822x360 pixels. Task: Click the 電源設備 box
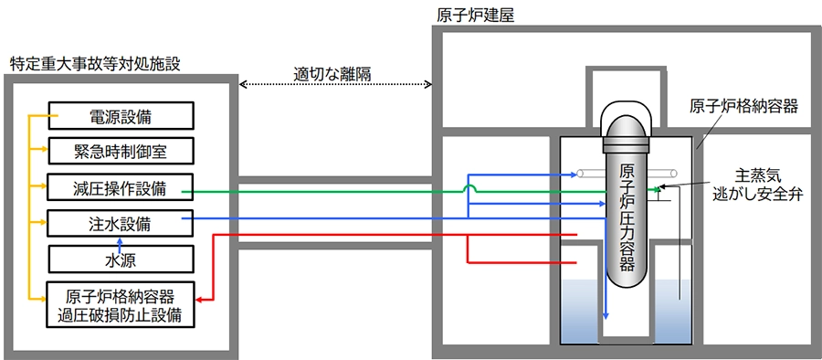121,116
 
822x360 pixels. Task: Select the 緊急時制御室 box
121,152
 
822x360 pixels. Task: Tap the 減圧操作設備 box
121,187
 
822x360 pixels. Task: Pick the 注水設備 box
121,224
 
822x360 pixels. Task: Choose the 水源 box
121,259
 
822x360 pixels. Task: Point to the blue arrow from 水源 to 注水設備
120,241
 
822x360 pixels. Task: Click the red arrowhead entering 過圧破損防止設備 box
199,301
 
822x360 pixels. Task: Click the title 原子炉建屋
476,15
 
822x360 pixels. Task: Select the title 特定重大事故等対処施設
95,64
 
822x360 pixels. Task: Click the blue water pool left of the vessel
579,310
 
